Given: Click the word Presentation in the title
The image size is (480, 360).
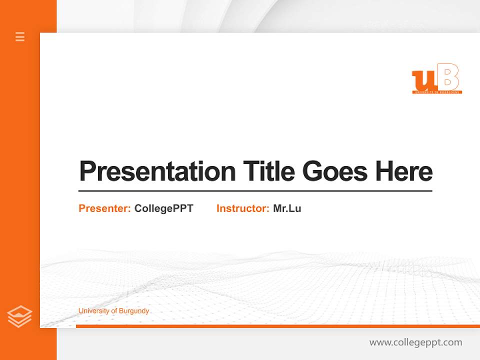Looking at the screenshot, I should click(157, 171).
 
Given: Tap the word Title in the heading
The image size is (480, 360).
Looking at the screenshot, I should click(268, 171).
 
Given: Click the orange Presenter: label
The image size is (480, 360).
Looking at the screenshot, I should click(104, 208).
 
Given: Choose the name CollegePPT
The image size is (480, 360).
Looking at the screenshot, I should click(163, 208).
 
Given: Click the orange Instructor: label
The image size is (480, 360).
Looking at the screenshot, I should click(242, 208).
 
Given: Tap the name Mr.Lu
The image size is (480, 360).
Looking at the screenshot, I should click(287, 208).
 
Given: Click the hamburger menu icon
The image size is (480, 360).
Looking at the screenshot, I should click(20, 36).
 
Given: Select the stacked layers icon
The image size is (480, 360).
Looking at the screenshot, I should click(19, 316).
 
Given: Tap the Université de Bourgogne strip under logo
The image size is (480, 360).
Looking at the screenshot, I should click(437, 92).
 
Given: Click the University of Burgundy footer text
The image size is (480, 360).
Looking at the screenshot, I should click(113, 311).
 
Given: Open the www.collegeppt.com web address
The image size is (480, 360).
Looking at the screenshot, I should click(415, 342).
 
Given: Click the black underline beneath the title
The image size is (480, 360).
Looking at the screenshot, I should click(255, 191).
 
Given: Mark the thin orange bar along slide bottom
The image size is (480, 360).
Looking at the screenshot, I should click(277, 326).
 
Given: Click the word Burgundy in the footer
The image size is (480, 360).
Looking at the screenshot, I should click(133, 311).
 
